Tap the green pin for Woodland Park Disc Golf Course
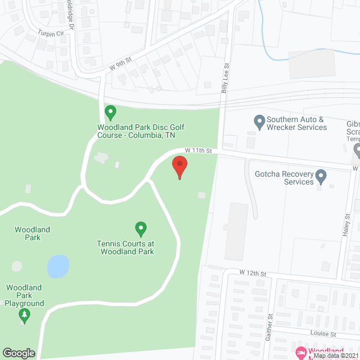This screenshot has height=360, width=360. point(111,112)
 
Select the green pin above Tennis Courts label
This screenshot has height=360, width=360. point(141,228)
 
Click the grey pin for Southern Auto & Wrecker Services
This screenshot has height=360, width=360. point(259,121)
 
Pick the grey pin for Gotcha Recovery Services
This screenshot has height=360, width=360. point(321,177)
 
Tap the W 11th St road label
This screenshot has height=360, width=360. point(198,151)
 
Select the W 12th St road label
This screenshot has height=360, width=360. point(252,273)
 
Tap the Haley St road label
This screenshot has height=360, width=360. point(347,224)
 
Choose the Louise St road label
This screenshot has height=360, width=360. point(323,334)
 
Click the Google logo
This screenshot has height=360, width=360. point(19,353)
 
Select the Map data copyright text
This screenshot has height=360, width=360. point(336,355)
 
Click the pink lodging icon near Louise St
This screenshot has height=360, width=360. point(300,352)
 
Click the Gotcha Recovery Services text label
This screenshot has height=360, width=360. point(291,177)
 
